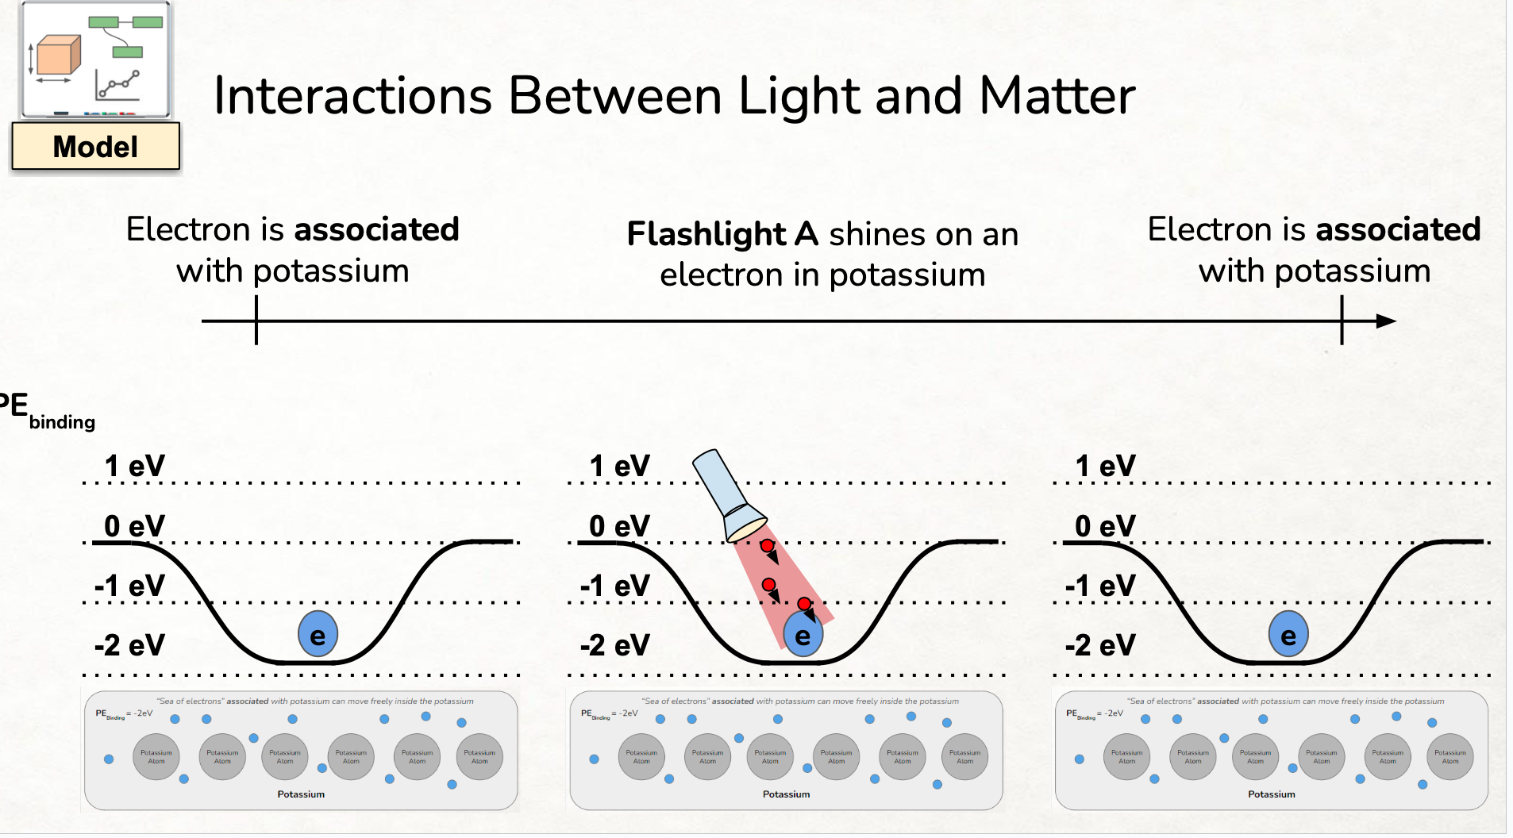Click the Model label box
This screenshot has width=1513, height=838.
(x=95, y=146)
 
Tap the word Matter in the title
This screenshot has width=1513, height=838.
(x=1057, y=97)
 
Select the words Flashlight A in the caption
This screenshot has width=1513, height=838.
(x=722, y=234)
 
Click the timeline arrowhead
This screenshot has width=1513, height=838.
(x=1385, y=321)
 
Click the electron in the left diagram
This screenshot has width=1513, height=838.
(x=318, y=635)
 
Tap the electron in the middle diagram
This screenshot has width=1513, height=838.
(x=803, y=635)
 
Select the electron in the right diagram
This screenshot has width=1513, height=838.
(x=1288, y=635)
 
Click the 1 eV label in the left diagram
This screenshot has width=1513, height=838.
(x=134, y=466)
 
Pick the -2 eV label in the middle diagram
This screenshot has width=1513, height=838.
(x=614, y=645)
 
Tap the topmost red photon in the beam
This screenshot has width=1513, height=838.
(x=767, y=546)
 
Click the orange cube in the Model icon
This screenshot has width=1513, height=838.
(x=59, y=56)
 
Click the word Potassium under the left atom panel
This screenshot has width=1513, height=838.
(x=301, y=794)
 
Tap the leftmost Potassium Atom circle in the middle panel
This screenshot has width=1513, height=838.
(x=641, y=757)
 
